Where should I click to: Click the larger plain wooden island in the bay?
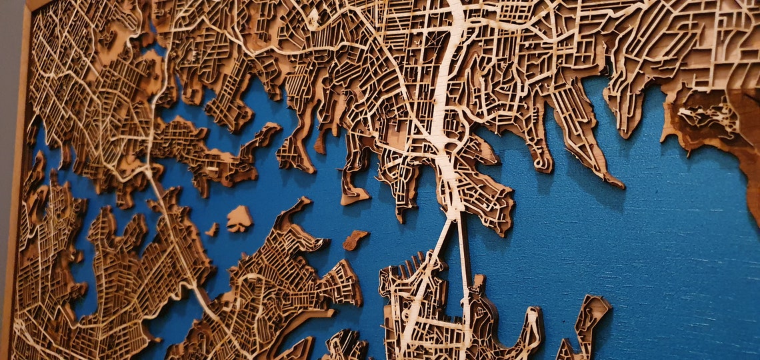click(x=239, y=219)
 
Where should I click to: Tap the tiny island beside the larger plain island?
click(x=212, y=229)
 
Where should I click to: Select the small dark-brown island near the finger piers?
click(x=355, y=239)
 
